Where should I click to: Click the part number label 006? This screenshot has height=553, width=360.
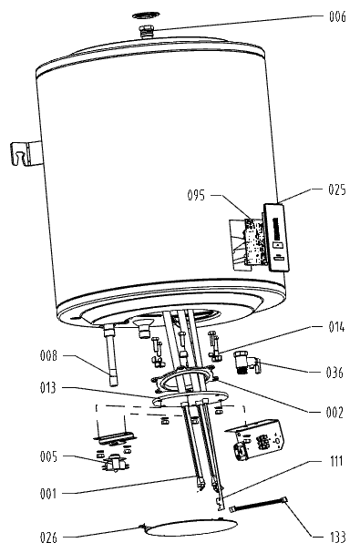(337, 16)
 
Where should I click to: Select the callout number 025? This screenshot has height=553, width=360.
(337, 189)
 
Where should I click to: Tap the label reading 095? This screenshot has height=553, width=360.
(196, 195)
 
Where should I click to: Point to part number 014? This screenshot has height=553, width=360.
(336, 327)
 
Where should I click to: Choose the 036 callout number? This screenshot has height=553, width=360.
(334, 373)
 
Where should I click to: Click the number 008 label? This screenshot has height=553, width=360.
(48, 355)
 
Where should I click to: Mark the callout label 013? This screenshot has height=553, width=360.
(48, 388)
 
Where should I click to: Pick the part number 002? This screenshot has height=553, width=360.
(334, 413)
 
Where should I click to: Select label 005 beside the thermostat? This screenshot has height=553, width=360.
(48, 456)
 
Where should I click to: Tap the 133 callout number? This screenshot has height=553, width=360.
(338, 538)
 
